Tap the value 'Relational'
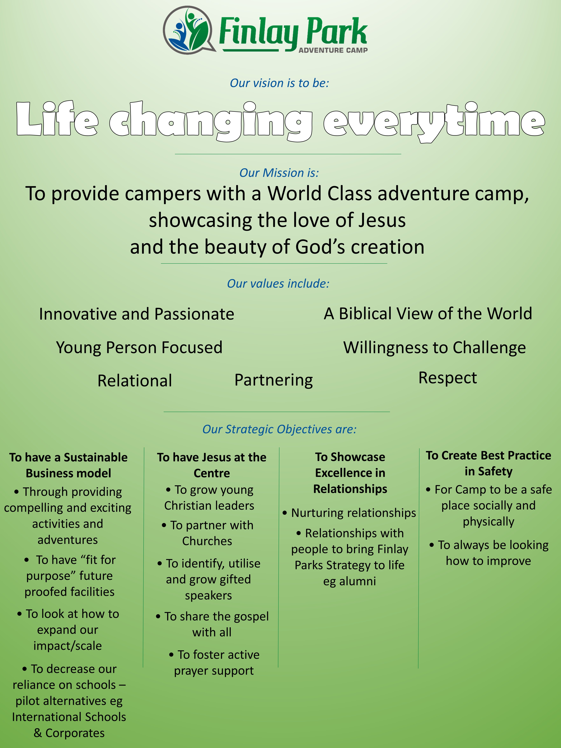[x=135, y=381]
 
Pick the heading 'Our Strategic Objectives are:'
[x=279, y=429]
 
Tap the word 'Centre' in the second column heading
[x=212, y=473]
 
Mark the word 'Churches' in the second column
[x=207, y=541]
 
